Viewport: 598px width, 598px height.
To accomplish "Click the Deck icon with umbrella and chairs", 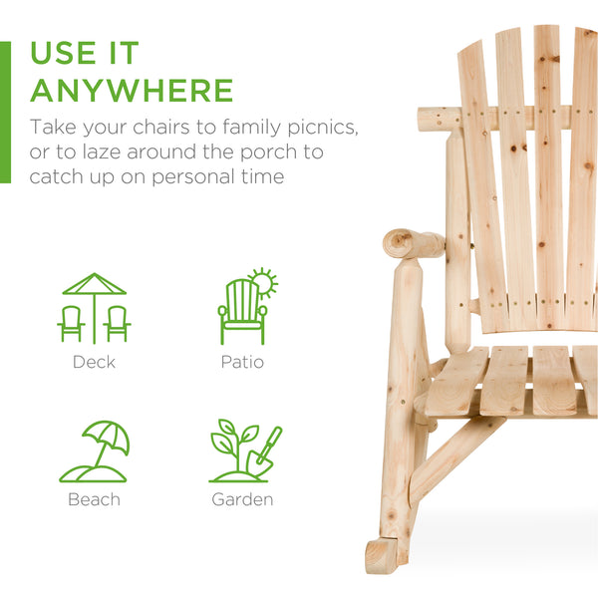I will tap(95, 308).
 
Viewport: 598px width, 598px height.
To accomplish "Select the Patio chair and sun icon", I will tap(245, 308).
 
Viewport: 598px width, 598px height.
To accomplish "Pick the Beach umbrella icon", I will tap(95, 451).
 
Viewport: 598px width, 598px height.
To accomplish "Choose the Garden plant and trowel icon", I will tap(244, 451).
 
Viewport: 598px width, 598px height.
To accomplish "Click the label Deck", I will tap(94, 362).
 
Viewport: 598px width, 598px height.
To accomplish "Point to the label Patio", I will tap(242, 362).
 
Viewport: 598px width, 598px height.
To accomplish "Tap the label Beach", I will tap(94, 498).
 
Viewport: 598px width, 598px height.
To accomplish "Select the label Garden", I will tap(242, 498).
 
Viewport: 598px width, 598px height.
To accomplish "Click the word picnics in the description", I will tap(320, 129).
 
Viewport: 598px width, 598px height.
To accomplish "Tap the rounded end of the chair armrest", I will tap(401, 242).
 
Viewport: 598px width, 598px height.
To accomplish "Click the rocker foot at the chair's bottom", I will tap(383, 556).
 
